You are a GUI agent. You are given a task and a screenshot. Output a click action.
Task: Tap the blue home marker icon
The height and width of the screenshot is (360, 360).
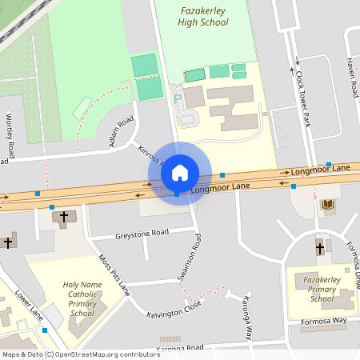coord(180,172)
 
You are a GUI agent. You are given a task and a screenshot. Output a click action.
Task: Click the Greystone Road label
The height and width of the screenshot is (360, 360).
coord(142,233)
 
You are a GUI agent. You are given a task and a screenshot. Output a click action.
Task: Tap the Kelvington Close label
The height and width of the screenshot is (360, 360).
coord(174,310)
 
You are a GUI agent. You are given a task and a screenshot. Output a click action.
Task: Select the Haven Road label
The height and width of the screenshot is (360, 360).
coord(351,78)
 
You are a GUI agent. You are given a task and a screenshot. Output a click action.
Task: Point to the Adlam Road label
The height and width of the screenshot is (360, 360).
coord(121,134)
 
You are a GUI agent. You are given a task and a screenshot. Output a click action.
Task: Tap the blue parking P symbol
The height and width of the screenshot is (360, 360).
coord(178,97)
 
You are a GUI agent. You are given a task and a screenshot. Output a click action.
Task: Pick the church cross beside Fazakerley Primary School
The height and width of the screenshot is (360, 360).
coord(319,248)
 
